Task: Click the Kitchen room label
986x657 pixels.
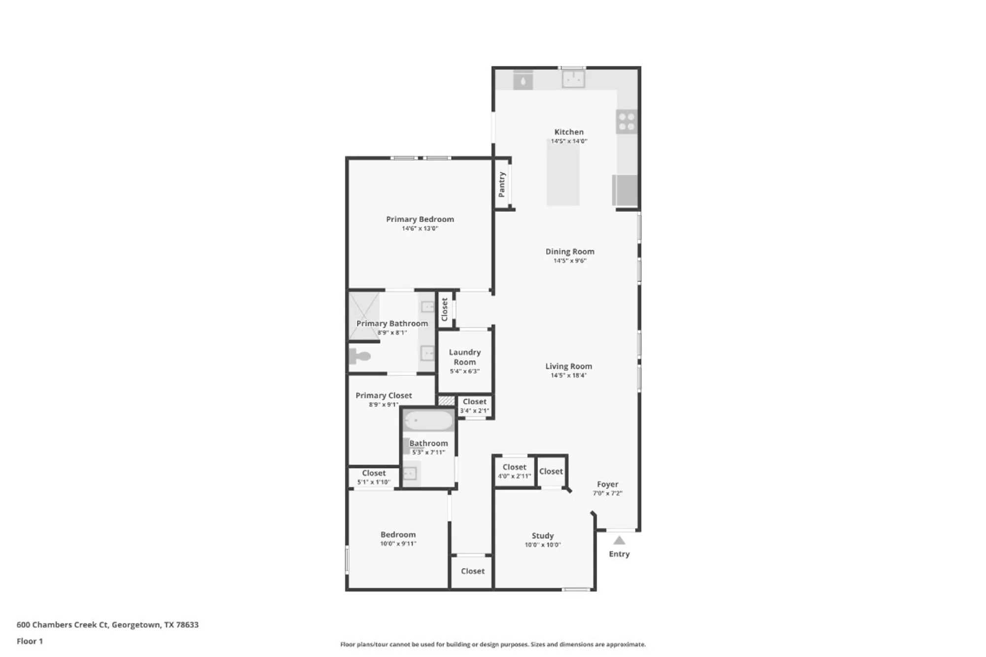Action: click(568, 132)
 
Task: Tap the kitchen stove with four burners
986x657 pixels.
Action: click(626, 122)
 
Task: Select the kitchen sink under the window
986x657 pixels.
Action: click(573, 79)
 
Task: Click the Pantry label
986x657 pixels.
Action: click(502, 184)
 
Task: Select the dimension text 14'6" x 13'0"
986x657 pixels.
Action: click(420, 229)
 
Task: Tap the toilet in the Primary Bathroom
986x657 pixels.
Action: click(360, 356)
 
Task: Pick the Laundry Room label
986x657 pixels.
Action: click(464, 357)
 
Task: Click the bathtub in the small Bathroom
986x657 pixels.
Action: click(428, 421)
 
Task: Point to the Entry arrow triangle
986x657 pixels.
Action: click(619, 541)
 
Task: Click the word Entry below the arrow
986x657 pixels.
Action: click(619, 554)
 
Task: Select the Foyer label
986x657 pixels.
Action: click(607, 484)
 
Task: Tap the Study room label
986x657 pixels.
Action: click(542, 536)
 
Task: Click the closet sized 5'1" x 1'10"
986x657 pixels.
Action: click(373, 478)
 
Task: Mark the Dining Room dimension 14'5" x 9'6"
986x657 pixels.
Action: click(569, 261)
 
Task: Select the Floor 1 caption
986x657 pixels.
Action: click(30, 641)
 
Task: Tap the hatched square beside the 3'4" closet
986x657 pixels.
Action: click(446, 401)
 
